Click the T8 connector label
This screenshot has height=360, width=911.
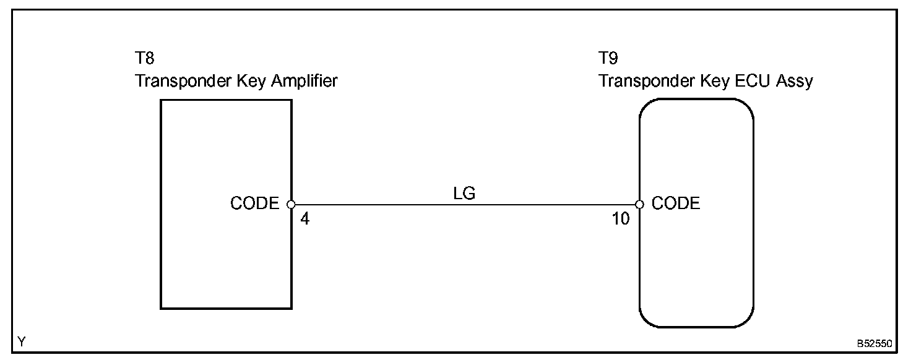(x=145, y=59)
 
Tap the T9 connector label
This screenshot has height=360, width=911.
(x=608, y=59)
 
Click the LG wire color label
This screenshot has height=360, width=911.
(x=464, y=194)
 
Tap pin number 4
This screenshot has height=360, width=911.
(x=304, y=219)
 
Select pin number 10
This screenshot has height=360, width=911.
(x=621, y=219)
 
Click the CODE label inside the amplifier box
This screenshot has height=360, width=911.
(x=254, y=204)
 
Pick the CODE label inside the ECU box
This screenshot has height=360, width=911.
(x=676, y=204)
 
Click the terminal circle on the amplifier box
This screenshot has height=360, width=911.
(x=291, y=204)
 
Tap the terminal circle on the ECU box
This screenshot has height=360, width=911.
(x=639, y=204)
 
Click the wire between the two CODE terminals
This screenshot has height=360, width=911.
(x=464, y=204)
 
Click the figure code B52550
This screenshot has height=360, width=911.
(x=875, y=342)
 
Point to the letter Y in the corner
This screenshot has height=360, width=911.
(x=22, y=341)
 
